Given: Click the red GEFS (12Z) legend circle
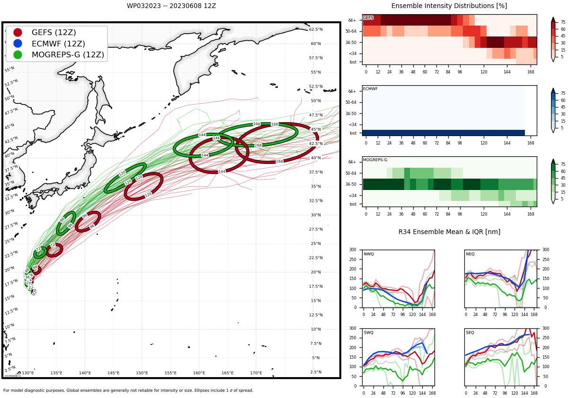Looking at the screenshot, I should click(x=18, y=33).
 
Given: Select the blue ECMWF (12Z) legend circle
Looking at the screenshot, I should click(x=18, y=44).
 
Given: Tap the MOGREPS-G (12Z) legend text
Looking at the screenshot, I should click(x=68, y=54).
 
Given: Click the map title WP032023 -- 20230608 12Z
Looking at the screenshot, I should click(x=171, y=6).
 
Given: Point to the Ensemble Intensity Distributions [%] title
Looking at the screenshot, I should click(x=449, y=6).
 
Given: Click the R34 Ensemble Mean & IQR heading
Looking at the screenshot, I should click(x=449, y=232).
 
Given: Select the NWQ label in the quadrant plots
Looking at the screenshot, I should click(x=368, y=254).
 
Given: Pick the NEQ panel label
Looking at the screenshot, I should click(x=470, y=254).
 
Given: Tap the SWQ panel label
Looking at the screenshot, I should click(x=368, y=333).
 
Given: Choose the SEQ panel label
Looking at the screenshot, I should click(x=470, y=333).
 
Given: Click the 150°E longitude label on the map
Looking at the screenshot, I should click(x=142, y=373).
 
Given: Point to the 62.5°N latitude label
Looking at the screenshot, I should click(x=316, y=29).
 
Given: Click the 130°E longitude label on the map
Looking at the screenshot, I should click(x=28, y=373).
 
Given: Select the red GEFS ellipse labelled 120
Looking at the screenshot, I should click(x=143, y=186).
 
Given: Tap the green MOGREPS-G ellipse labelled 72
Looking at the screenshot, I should click(x=40, y=253).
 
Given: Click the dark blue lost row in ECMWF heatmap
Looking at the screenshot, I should click(x=443, y=133).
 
